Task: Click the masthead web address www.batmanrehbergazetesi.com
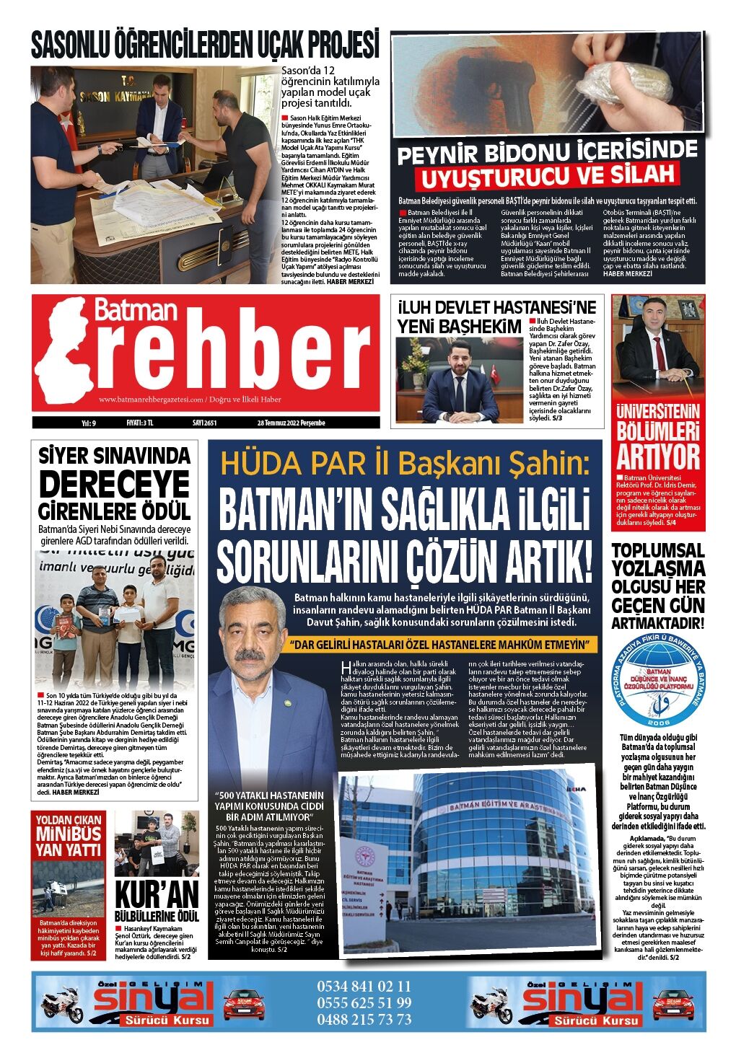coord(150,399)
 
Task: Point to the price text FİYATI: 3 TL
coord(130,423)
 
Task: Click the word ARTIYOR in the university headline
coord(657,457)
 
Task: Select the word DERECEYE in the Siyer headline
coord(114,484)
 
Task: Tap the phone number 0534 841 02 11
coord(364,986)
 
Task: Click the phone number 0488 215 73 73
coord(364,1019)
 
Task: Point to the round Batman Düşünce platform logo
coord(658,682)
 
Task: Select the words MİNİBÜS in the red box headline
coord(69,834)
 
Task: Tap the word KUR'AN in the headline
coord(157,895)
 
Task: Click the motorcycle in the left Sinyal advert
coord(62,1004)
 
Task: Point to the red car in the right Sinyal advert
coord(673,1004)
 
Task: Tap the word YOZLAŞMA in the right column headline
coord(657,568)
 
